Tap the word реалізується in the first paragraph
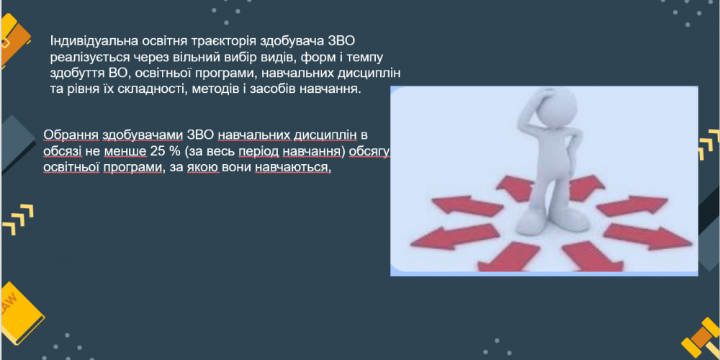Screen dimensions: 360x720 click(x=84, y=56)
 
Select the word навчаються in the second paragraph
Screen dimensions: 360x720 click(x=292, y=167)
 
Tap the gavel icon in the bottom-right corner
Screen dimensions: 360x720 click(x=700, y=338)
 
